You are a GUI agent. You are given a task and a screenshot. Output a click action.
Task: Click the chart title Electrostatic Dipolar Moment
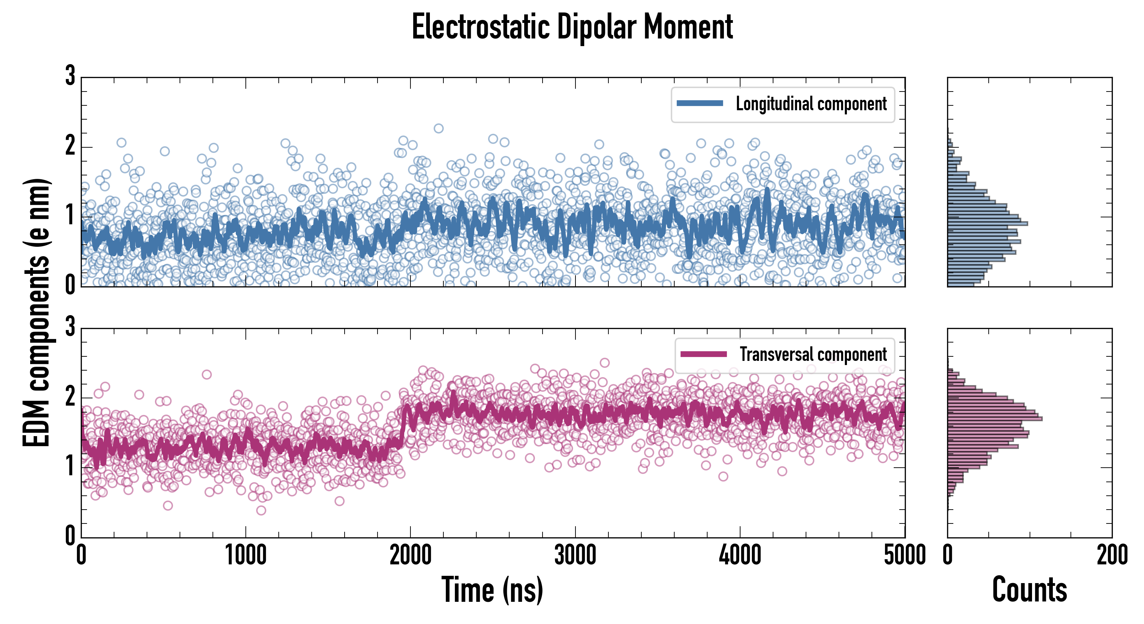coord(572,27)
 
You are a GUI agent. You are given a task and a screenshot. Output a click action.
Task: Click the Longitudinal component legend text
coord(811,104)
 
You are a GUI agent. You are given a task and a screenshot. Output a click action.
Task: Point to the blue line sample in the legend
coord(700,104)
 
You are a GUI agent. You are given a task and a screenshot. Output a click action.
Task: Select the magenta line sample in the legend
coord(703,354)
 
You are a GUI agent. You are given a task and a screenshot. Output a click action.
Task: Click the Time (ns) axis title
coord(492,590)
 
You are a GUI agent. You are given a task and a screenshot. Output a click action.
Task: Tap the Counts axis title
coord(1029,590)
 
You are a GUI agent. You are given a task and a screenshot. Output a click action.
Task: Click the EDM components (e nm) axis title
coord(36,313)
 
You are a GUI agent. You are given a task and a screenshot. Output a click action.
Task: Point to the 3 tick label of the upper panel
coord(70,76)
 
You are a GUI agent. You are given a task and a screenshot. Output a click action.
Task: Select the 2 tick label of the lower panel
coord(70,397)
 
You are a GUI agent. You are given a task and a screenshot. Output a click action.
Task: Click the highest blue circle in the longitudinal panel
coord(438,128)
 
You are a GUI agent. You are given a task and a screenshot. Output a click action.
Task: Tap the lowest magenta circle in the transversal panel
coord(261,510)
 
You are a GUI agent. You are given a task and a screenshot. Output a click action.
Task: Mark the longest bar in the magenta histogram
coord(995,418)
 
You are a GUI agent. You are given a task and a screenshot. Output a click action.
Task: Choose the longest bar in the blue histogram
coord(987,223)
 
